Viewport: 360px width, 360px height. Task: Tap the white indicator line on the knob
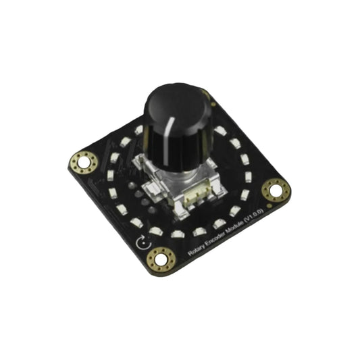176,135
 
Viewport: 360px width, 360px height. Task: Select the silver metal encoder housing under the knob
176,182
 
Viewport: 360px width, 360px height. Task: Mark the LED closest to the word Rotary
178,234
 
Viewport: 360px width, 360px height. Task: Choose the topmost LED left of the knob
138,130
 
